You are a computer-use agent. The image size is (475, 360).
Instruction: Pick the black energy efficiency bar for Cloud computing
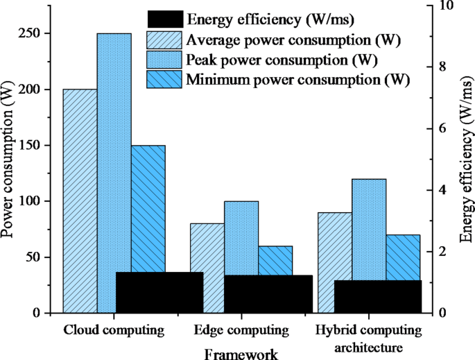(x=159, y=292)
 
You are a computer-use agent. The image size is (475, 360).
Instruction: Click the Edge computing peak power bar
(x=241, y=236)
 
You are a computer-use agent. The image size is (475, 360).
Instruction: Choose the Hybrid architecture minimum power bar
(x=403, y=257)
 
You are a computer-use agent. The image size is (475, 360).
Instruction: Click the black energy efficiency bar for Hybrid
(x=378, y=296)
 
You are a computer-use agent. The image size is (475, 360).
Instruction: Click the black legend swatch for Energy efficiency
(x=165, y=19)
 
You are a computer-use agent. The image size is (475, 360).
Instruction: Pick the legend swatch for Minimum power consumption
(x=165, y=79)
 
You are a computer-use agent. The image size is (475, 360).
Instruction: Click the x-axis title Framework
(x=241, y=354)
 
